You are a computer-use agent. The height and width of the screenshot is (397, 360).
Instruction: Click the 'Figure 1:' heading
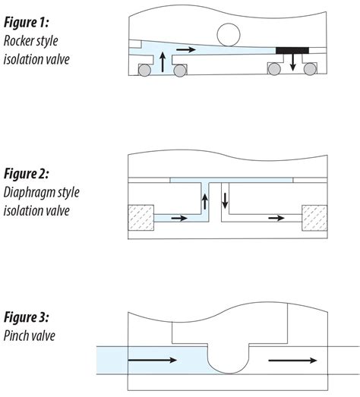pyautogui.click(x=26, y=23)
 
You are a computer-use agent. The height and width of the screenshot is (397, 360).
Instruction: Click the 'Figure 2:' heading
pyautogui.click(x=26, y=174)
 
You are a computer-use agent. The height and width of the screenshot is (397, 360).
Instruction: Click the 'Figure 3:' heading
pyautogui.click(x=26, y=317)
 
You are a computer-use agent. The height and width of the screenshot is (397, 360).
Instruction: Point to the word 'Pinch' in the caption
pyautogui.click(x=15, y=336)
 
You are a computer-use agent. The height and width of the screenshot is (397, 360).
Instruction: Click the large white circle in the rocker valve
pyautogui.click(x=229, y=35)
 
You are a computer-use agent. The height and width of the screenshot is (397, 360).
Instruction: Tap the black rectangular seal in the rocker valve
pyautogui.click(x=292, y=50)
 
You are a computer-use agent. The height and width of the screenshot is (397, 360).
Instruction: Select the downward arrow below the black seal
pyautogui.click(x=293, y=62)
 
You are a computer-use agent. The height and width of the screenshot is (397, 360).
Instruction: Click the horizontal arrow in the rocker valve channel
pyautogui.click(x=186, y=49)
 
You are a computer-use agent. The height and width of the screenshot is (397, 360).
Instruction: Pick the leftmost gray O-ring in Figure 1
pyautogui.click(x=144, y=70)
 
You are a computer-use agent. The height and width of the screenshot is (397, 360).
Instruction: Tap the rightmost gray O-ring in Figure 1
pyautogui.click(x=310, y=69)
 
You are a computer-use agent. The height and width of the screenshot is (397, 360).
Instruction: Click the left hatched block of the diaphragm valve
pyautogui.click(x=141, y=218)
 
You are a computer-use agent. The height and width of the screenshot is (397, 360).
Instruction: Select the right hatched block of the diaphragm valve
pyautogui.click(x=314, y=218)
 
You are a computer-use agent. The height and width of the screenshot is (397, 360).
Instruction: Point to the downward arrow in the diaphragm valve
pyautogui.click(x=225, y=201)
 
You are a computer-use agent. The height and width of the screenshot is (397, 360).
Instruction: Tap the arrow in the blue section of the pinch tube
pyautogui.click(x=153, y=360)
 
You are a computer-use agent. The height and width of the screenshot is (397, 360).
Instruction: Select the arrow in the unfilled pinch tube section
pyautogui.click(x=292, y=361)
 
